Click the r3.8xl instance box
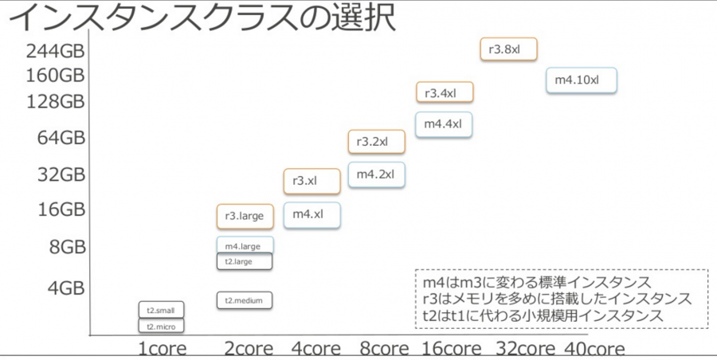(x=508, y=49)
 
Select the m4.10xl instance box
(x=582, y=80)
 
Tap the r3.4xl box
(x=445, y=92)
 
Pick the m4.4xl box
(x=444, y=124)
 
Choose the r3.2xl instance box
(x=376, y=141)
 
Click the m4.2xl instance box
(x=376, y=174)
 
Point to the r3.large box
(x=245, y=217)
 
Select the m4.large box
(x=245, y=245)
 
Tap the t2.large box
(x=245, y=261)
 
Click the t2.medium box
(x=245, y=300)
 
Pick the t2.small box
(x=162, y=310)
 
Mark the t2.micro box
(x=162, y=326)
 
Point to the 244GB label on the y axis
(x=55, y=51)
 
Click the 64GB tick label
(x=61, y=137)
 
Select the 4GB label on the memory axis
(x=67, y=288)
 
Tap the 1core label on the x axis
(x=163, y=349)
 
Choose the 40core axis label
(x=594, y=349)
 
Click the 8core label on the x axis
(x=384, y=349)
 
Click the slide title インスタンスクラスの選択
(x=202, y=18)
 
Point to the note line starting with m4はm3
(x=537, y=283)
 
